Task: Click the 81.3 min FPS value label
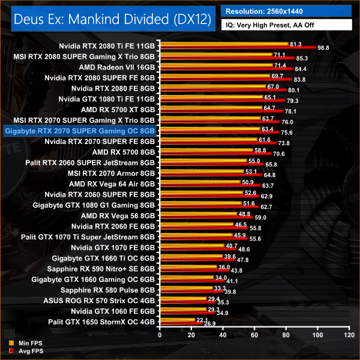[295, 44]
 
